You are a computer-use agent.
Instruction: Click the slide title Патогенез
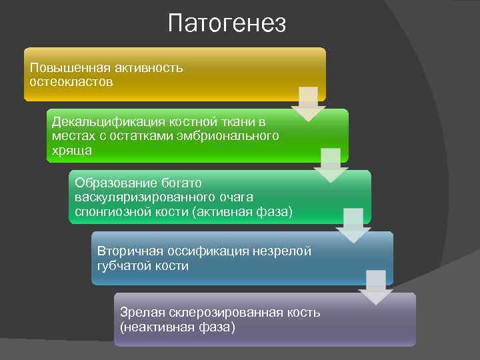click(227, 24)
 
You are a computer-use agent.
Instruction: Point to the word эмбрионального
click(227, 136)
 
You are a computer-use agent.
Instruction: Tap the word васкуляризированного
click(145, 197)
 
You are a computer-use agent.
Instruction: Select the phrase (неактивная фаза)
click(177, 327)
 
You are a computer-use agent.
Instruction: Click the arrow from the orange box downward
click(308, 103)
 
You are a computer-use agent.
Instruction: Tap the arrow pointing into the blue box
click(353, 225)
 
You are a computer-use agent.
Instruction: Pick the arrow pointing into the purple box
click(376, 287)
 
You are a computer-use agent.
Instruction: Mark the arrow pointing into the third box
click(331, 165)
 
